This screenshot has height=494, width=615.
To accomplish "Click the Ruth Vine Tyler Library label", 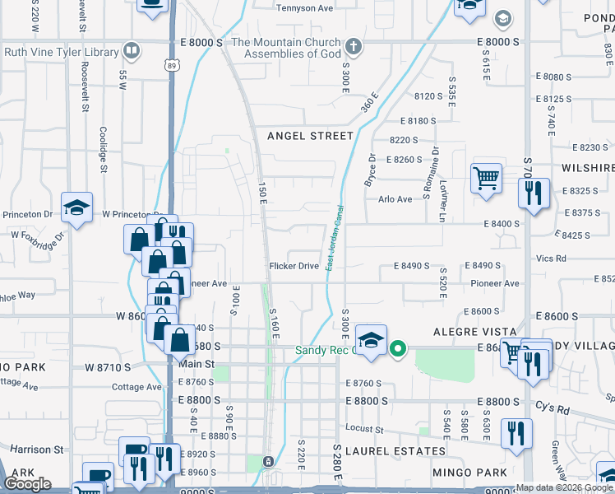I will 61,52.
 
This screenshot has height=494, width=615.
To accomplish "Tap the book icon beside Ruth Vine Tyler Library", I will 131,51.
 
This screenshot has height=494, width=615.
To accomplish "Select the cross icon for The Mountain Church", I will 354,46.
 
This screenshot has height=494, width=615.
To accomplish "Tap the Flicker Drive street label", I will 294,266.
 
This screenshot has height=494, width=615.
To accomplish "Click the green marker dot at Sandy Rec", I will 398,350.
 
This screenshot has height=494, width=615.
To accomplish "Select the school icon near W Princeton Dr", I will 76,207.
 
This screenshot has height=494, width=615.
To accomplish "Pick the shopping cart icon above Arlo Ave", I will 486,177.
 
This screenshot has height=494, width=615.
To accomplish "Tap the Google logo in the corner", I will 28,484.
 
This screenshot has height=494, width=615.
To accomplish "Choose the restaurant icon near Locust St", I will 516,433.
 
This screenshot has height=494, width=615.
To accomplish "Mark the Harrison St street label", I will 36,450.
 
